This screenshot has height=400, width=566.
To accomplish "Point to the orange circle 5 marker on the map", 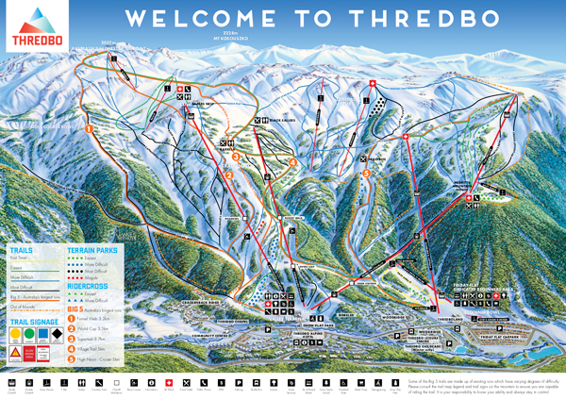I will click(x=366, y=173).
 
